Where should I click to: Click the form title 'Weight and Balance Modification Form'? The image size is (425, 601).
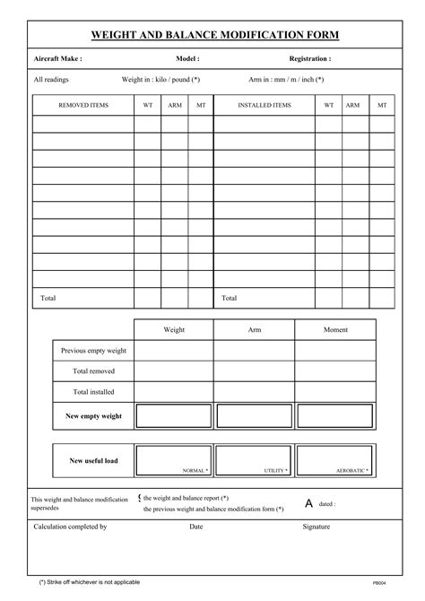pyautogui.click(x=215, y=35)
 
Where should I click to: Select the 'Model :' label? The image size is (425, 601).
pyautogui.click(x=187, y=58)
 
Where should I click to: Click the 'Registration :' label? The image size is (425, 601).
pyautogui.click(x=309, y=58)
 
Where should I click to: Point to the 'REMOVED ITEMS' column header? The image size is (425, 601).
pyautogui.click(x=83, y=105)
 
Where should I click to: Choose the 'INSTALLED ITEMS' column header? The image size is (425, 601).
pyautogui.click(x=264, y=105)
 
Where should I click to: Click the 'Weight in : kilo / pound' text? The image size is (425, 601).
pyautogui.click(x=160, y=79)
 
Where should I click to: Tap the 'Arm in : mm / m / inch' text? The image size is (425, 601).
pyautogui.click(x=286, y=79)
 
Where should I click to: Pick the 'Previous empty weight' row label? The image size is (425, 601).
pyautogui.click(x=93, y=351)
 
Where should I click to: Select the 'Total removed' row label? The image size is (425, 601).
pyautogui.click(x=93, y=370)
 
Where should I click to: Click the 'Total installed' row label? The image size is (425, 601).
pyautogui.click(x=93, y=392)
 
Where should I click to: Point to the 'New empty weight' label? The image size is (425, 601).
pyautogui.click(x=93, y=416)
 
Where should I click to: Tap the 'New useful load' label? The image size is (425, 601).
pyautogui.click(x=93, y=461)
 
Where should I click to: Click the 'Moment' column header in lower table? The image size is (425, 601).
pyautogui.click(x=335, y=330)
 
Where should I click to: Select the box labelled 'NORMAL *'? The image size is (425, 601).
pyautogui.click(x=173, y=459)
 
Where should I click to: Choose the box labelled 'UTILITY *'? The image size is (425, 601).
pyautogui.click(x=254, y=459)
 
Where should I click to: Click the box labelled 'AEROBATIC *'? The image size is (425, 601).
pyautogui.click(x=335, y=459)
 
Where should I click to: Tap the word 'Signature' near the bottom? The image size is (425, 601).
pyautogui.click(x=317, y=527)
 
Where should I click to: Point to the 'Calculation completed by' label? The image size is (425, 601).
pyautogui.click(x=70, y=527)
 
